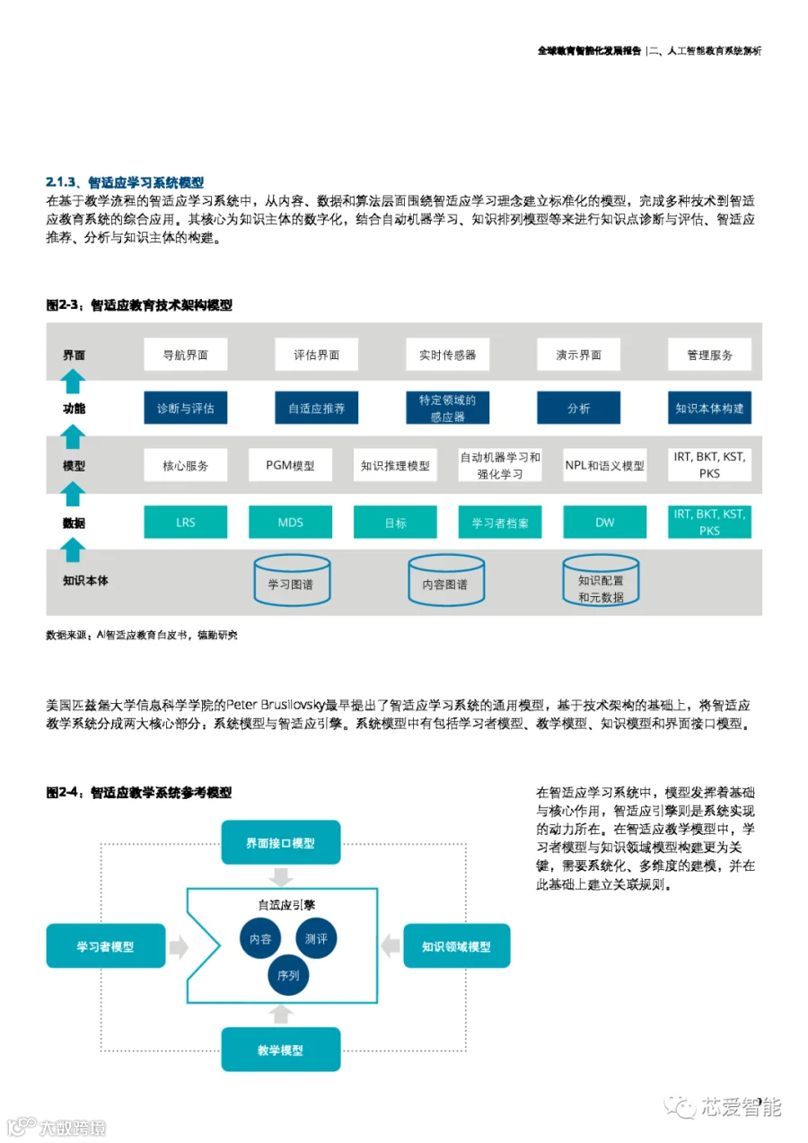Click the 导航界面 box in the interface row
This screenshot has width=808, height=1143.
(x=185, y=354)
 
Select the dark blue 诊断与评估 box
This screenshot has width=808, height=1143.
(x=185, y=408)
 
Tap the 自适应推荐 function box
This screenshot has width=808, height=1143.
(x=316, y=408)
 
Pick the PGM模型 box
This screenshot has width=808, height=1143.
(x=290, y=465)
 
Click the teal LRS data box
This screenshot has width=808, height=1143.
(x=185, y=522)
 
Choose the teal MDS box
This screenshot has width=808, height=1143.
(x=290, y=522)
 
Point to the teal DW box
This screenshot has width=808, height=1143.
(x=604, y=522)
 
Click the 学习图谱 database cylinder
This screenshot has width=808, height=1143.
(x=292, y=581)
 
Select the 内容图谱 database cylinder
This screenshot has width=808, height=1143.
(x=446, y=581)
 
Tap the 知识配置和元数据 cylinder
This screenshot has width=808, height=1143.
(x=601, y=581)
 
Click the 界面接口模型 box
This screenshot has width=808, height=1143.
(x=280, y=842)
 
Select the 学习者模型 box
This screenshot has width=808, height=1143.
(x=106, y=945)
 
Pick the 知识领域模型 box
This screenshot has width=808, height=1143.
(x=457, y=945)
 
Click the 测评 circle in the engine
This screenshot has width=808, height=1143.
(x=316, y=938)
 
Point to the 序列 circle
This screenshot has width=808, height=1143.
(x=288, y=975)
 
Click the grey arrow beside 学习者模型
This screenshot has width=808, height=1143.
(x=179, y=947)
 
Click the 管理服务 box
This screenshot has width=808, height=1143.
(x=709, y=354)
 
